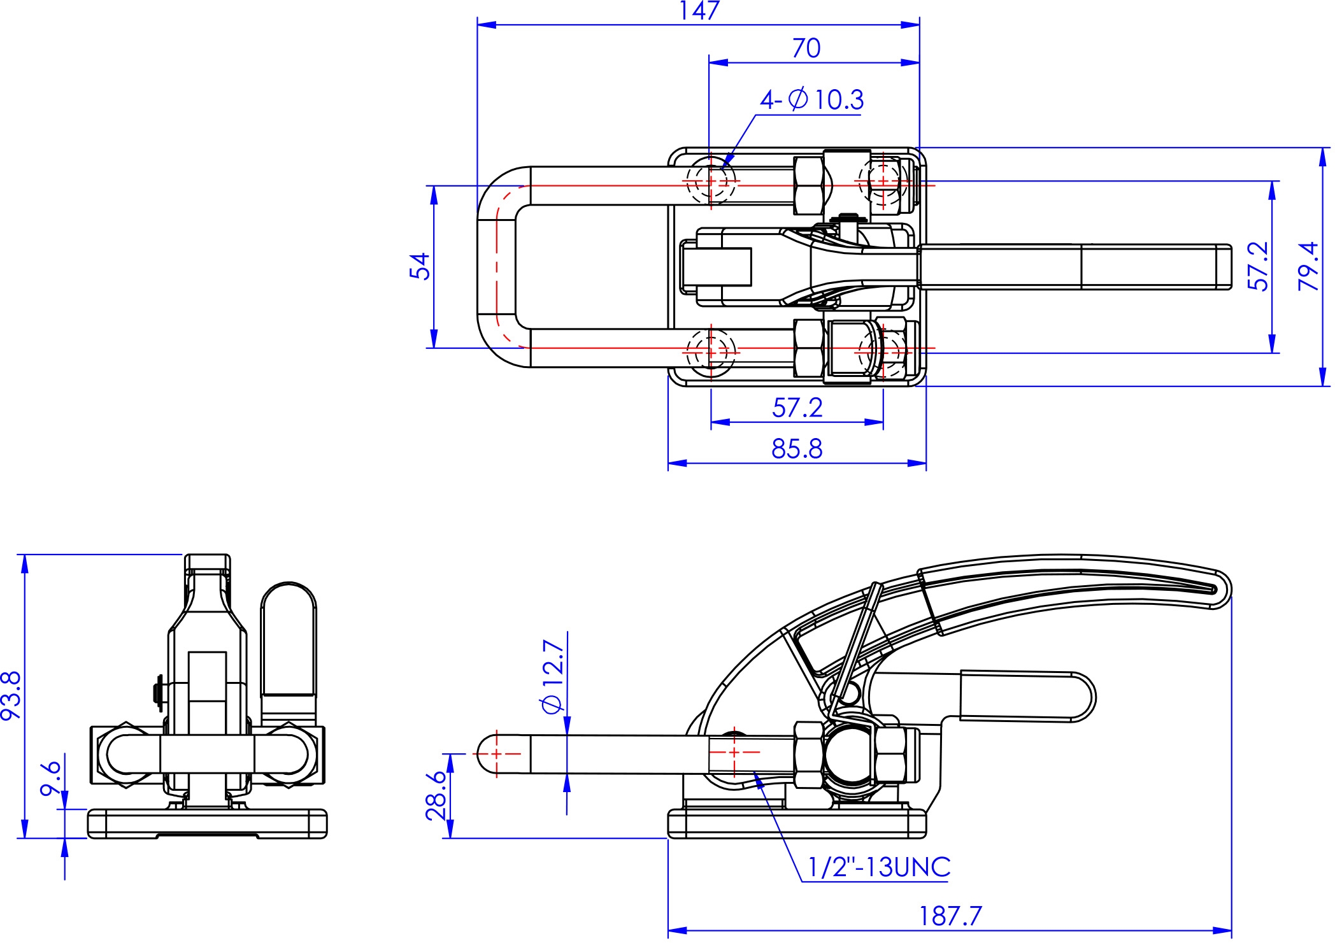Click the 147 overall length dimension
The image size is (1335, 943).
point(699,11)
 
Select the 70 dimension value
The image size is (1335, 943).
point(806,48)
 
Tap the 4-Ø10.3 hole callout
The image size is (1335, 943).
point(811,99)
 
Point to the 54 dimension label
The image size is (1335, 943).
point(420,266)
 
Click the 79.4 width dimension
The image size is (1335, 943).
point(1308,266)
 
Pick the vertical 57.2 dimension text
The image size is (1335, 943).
point(1258,266)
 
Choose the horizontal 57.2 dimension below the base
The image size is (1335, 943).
point(797,408)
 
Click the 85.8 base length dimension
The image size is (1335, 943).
point(797,449)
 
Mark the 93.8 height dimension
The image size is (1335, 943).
point(11,695)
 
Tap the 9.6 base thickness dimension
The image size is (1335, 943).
point(50,778)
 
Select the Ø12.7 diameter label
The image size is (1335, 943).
point(552,677)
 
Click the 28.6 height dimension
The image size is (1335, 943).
point(437,795)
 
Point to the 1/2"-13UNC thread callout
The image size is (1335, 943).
point(879,867)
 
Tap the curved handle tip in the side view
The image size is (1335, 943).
point(1227,589)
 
